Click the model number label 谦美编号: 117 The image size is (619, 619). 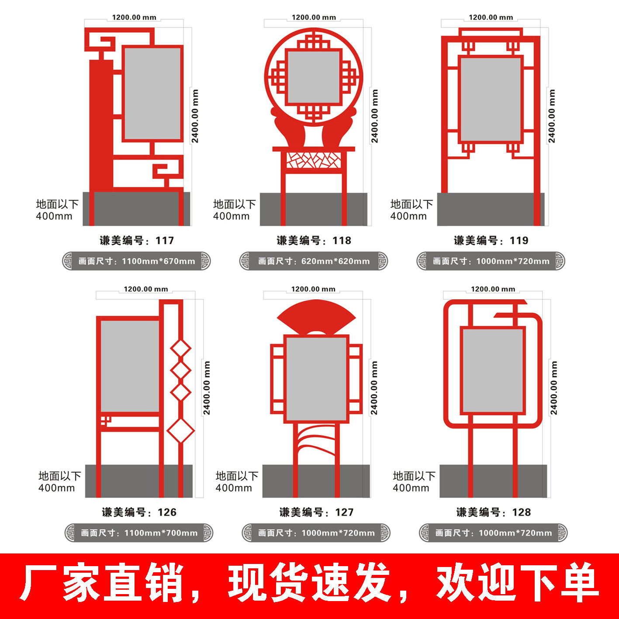(137, 241)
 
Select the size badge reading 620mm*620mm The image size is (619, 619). (313, 261)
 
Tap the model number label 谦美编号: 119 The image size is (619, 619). (491, 241)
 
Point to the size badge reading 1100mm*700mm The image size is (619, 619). (139, 533)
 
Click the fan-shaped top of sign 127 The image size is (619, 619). (316, 316)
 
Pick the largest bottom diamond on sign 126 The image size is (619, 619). (180, 430)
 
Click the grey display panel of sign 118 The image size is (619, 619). (314, 77)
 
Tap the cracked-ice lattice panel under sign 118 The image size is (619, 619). (314, 160)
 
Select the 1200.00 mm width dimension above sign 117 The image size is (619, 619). (134, 17)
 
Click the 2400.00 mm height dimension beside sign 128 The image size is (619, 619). (554, 388)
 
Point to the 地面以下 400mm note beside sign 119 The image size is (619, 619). (411, 210)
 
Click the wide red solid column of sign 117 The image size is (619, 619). (101, 127)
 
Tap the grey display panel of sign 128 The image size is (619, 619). (493, 370)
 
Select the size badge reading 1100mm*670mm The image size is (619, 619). (136, 261)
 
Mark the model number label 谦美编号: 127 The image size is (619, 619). (316, 512)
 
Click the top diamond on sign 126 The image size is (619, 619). (180, 349)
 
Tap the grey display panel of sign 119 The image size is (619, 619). (491, 99)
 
